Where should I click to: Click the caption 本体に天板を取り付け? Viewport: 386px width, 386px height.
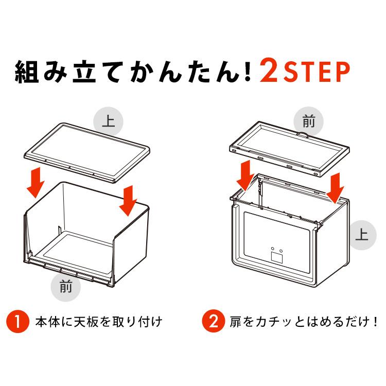click(x=98, y=322)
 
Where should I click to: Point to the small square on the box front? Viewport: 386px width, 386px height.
click(x=277, y=255)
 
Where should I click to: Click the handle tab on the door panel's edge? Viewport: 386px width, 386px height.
click(x=304, y=136)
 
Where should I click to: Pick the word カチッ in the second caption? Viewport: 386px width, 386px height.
click(x=270, y=322)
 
